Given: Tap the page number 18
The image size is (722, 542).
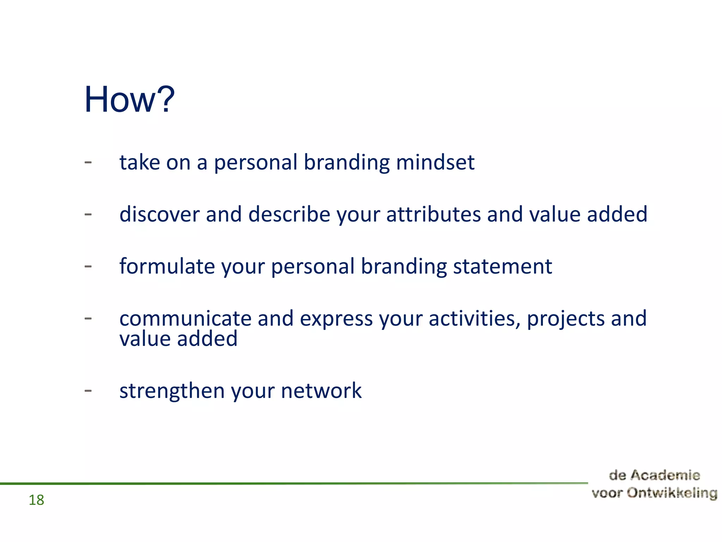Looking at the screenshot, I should pyautogui.click(x=36, y=500).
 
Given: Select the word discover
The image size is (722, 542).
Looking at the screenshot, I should pyautogui.click(x=159, y=214).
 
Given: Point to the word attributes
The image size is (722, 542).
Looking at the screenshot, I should pyautogui.click(x=433, y=214).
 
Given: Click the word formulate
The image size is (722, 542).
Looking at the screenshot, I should pyautogui.click(x=167, y=266).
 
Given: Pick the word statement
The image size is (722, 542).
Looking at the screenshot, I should pyautogui.click(x=502, y=266).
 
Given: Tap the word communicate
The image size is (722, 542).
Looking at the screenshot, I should pyautogui.click(x=185, y=318).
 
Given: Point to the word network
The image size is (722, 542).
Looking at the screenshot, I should pyautogui.click(x=321, y=391).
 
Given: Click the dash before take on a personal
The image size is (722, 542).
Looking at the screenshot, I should pyautogui.click(x=88, y=162).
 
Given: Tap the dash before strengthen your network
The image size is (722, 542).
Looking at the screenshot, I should pyautogui.click(x=88, y=391).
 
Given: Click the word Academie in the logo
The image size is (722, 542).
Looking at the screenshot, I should pyautogui.click(x=665, y=475).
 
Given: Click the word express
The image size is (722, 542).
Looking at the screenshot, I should pyautogui.click(x=336, y=319).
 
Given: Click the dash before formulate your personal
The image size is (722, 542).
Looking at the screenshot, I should pyautogui.click(x=88, y=266).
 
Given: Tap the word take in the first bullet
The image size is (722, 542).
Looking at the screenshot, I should pyautogui.click(x=140, y=162).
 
